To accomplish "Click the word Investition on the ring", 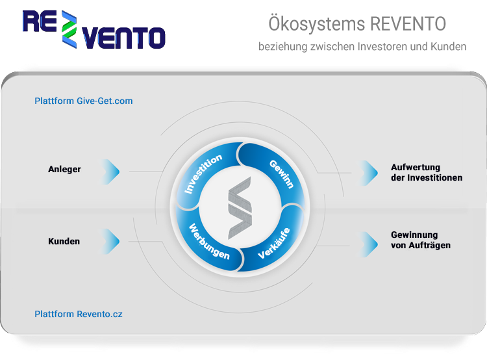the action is [203, 174].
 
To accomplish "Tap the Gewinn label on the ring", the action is [281, 174].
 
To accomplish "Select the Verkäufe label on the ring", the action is [274, 244].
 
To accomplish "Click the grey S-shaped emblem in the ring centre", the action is [240, 208].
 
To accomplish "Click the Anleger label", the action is [64, 170].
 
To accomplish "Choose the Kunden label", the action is [64, 241].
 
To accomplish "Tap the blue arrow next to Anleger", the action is [111, 172].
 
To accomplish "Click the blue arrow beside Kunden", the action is [111, 241].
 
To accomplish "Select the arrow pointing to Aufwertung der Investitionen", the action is [369, 173].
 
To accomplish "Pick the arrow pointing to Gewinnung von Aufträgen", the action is [369, 244].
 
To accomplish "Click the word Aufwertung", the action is [416, 168].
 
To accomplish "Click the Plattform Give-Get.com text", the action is [84, 101].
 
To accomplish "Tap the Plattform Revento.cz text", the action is [79, 314].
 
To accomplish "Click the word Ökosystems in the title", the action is [316, 23].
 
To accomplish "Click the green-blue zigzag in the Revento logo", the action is [69, 29].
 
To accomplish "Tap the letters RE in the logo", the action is [40, 21].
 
